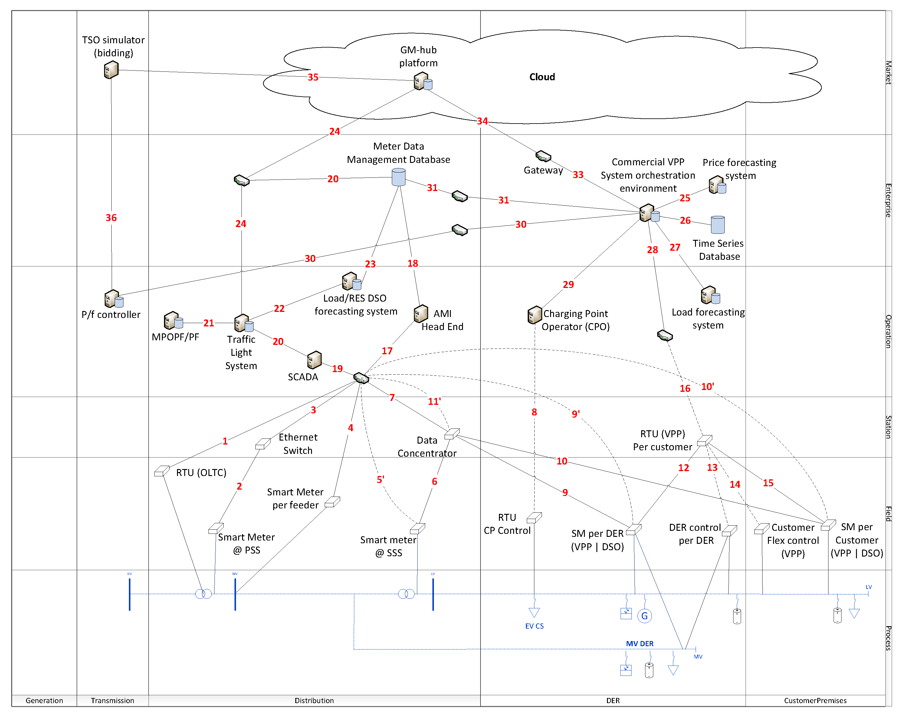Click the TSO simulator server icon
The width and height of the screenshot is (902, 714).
pos(111,70)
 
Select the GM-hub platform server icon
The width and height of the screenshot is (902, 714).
pos(422,81)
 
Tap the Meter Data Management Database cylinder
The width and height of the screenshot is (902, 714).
pos(399,177)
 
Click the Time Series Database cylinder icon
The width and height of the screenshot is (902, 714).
pos(717,225)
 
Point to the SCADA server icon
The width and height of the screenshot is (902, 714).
pos(314,359)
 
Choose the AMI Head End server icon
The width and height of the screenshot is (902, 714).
pos(421,313)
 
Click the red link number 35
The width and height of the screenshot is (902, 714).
pos(313,77)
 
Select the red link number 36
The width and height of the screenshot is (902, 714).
pos(111,218)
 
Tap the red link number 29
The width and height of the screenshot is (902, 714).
pos(568,285)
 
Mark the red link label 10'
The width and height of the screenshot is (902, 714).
pos(707,387)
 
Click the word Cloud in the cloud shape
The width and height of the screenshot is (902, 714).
pos(542,77)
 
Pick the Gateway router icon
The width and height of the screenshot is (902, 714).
pos(543,156)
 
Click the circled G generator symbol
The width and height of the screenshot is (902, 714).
pos(644,616)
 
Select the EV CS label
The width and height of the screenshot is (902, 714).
pos(534,626)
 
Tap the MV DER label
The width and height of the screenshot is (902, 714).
pos(639,644)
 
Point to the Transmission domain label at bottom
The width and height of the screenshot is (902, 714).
pos(112,701)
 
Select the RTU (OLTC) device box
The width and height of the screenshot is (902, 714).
pos(161,471)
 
